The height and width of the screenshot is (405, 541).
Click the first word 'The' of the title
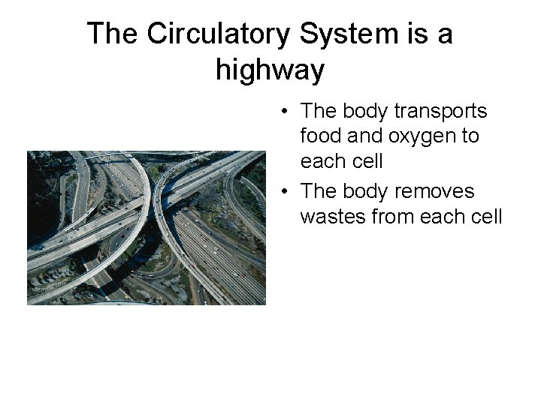pos(113,34)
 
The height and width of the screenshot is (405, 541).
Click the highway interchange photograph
pos(147,228)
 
